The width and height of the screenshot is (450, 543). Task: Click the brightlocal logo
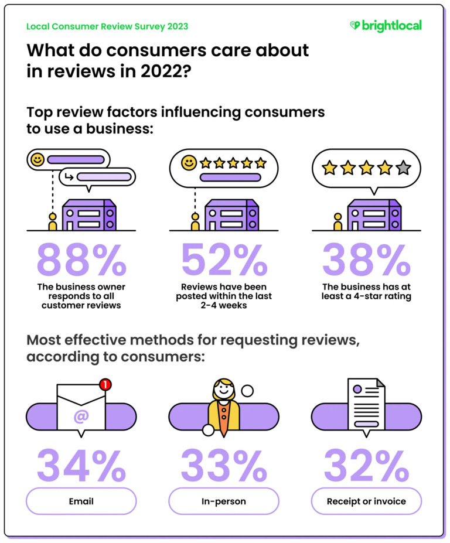[x=386, y=26]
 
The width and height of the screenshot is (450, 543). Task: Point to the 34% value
[x=81, y=465]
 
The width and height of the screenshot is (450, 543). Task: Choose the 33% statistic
[x=224, y=465]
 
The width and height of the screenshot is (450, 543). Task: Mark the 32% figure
[x=367, y=465]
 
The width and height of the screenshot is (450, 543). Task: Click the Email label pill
[x=81, y=501]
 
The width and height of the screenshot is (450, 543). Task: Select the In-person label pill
[x=224, y=501]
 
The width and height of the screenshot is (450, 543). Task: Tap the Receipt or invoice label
[x=367, y=501]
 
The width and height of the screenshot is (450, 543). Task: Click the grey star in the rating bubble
[x=403, y=169]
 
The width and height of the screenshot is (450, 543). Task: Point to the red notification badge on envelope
[x=105, y=385]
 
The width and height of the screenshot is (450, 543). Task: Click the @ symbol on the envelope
[x=81, y=417]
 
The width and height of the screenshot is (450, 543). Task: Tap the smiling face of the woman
[x=224, y=388]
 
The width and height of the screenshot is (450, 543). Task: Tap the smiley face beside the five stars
[x=189, y=163]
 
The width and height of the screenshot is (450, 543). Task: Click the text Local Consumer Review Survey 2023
[x=107, y=26]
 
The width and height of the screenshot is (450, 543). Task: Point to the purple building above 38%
[x=374, y=215]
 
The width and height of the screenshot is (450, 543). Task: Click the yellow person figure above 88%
[x=53, y=221]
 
